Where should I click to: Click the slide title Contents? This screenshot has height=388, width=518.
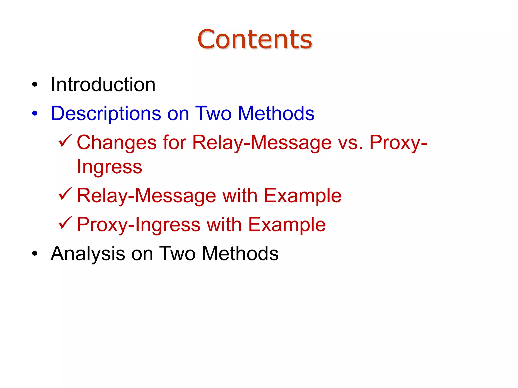tap(255, 39)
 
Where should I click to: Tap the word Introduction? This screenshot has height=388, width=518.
tap(103, 85)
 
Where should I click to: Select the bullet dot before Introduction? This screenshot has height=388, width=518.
tap(35, 85)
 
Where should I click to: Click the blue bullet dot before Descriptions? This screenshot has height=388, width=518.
tap(35, 114)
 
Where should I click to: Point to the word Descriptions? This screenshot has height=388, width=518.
tap(106, 114)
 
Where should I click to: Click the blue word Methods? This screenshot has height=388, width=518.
tap(276, 113)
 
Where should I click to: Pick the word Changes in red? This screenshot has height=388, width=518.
tap(117, 143)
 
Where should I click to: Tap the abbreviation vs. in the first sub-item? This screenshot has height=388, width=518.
tap(350, 143)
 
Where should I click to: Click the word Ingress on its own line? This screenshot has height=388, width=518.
tap(110, 167)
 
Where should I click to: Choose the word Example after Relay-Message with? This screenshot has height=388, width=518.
tap(303, 196)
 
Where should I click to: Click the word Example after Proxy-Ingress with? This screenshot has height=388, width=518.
tap(287, 225)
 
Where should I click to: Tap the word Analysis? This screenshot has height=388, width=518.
tap(88, 254)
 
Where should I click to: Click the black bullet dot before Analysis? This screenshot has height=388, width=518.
tap(35, 254)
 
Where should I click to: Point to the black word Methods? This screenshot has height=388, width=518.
tap(240, 254)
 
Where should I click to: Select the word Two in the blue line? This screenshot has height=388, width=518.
tap(213, 113)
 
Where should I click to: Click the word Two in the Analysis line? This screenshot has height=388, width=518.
tap(177, 254)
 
